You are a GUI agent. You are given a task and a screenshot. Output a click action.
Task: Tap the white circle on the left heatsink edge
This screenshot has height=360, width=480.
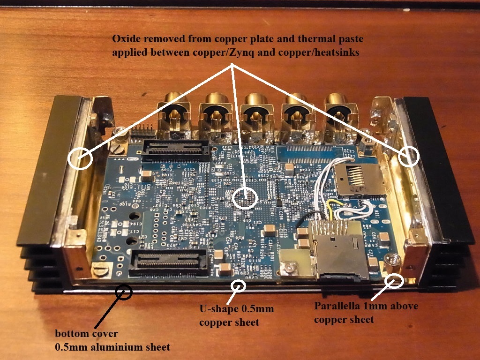point(80,158)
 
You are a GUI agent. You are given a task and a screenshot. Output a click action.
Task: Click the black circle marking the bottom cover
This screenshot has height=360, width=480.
point(125,292)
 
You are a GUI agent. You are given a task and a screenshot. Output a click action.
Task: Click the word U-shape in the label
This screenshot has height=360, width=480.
point(217,309)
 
